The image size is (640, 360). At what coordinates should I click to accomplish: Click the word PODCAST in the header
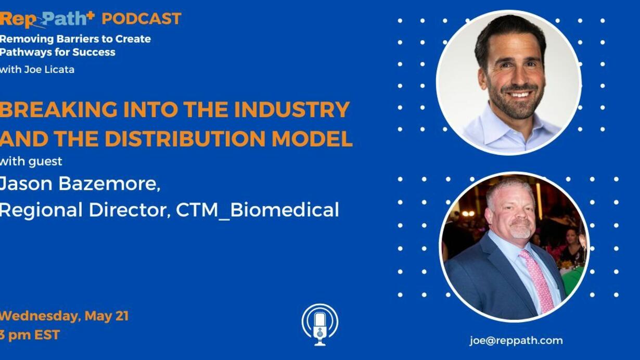click(142, 19)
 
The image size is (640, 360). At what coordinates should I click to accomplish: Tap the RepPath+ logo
click(47, 19)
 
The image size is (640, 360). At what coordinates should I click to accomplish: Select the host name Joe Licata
click(49, 69)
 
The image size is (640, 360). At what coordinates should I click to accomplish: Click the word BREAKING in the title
click(59, 109)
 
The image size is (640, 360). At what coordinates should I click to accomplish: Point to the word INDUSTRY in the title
click(292, 109)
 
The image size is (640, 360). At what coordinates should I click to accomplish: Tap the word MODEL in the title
click(312, 138)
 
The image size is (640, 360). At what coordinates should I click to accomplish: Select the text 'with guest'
click(31, 161)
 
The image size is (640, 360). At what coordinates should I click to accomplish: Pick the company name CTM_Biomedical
click(258, 210)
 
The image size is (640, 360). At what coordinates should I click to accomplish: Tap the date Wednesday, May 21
click(65, 316)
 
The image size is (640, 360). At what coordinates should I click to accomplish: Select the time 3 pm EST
click(30, 335)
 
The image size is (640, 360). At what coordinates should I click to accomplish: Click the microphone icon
click(320, 325)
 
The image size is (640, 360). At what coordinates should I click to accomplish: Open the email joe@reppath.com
click(516, 340)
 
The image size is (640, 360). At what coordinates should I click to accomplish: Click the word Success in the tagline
click(94, 53)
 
